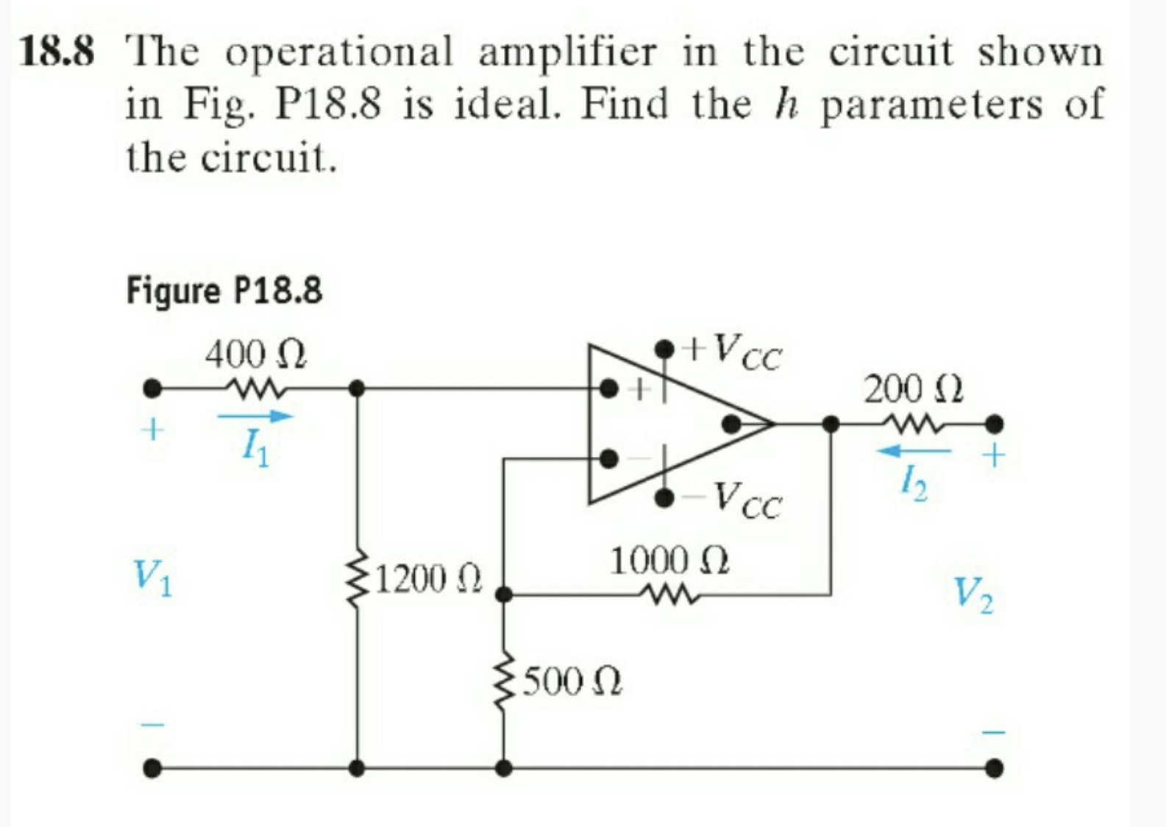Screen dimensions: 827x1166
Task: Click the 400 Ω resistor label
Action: [255, 356]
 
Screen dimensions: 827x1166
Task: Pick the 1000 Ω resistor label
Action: [669, 561]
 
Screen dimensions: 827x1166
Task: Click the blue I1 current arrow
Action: [255, 416]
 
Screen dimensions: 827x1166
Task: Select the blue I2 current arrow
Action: [914, 450]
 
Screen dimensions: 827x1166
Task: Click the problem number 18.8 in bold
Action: [57, 53]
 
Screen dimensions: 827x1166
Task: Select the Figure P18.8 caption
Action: [224, 290]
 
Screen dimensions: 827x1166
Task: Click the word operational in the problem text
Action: [338, 53]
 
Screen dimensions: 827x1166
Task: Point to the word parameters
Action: [931, 105]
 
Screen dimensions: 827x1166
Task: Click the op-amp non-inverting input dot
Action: [608, 387]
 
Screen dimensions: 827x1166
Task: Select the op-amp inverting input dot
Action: [608, 458]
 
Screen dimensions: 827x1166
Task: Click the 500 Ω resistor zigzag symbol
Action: [504, 683]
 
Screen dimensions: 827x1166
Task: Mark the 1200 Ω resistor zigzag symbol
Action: [358, 579]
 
